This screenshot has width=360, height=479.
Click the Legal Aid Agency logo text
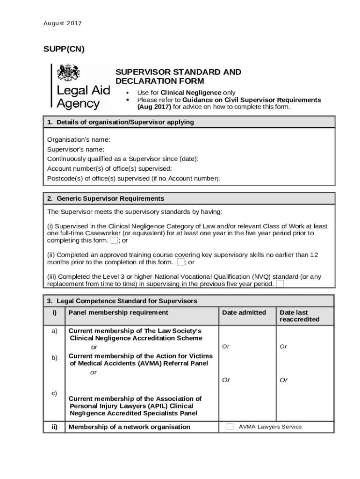(x=83, y=96)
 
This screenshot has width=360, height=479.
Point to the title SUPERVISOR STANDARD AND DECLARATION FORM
(x=178, y=76)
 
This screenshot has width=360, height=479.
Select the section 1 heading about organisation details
(x=120, y=122)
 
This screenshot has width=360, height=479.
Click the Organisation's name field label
(x=79, y=139)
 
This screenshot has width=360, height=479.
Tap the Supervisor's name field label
(x=76, y=149)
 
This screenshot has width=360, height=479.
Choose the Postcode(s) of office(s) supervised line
(x=133, y=178)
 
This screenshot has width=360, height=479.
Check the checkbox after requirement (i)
(x=114, y=240)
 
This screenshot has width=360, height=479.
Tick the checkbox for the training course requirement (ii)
(x=180, y=262)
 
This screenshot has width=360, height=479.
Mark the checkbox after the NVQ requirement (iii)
(x=280, y=283)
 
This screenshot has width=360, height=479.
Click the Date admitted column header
(x=244, y=312)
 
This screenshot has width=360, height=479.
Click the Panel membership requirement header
(x=118, y=312)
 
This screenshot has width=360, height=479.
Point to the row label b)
(x=54, y=358)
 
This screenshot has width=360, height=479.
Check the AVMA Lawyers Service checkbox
(x=230, y=427)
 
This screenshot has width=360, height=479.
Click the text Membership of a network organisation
(x=129, y=427)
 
